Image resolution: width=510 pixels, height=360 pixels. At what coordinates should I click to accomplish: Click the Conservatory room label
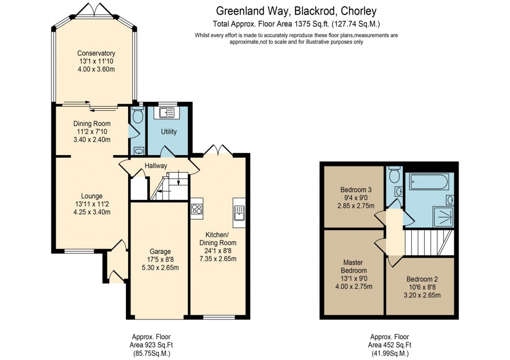(x=96, y=54)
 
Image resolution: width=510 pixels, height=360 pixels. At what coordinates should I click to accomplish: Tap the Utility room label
(x=169, y=132)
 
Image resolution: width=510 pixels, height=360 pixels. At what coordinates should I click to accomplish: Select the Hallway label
(x=156, y=166)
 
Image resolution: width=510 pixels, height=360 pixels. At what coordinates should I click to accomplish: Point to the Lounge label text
(x=92, y=196)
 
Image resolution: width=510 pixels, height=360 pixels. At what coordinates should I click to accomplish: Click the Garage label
(x=160, y=251)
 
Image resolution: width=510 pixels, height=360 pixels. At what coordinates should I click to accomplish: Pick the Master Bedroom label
(x=354, y=266)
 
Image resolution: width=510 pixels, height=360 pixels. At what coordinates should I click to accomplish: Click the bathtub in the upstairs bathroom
(x=428, y=182)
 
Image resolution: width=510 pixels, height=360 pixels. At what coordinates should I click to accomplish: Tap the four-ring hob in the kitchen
(x=197, y=209)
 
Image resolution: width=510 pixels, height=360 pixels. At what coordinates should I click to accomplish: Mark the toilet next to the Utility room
(x=137, y=115)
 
